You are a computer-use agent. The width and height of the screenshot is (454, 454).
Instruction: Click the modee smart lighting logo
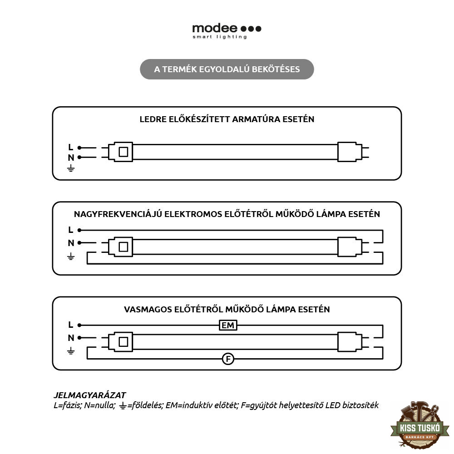(x=227, y=31)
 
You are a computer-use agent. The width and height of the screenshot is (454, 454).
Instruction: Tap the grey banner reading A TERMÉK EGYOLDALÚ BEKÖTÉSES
(x=227, y=69)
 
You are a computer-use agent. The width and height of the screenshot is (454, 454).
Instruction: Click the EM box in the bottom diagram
(x=228, y=325)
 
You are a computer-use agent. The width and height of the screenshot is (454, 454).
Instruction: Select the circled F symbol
(x=228, y=359)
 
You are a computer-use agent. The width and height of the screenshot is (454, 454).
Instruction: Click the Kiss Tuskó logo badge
(x=419, y=424)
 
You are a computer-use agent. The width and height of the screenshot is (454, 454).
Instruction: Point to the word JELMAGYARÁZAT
(x=90, y=395)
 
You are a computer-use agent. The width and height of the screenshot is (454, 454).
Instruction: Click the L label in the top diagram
(x=71, y=148)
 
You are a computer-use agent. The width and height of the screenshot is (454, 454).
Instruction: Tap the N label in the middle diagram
(x=71, y=243)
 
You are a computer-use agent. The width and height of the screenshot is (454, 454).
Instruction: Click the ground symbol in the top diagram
(x=71, y=168)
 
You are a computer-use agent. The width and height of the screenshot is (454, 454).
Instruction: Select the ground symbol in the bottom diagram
(x=71, y=351)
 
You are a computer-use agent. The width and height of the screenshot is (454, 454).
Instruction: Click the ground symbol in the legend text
(x=123, y=405)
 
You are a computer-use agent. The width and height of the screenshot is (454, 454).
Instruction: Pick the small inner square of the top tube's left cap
(x=123, y=152)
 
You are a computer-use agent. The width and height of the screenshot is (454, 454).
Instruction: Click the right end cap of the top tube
(x=350, y=152)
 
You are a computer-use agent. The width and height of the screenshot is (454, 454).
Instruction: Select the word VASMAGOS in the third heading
(x=148, y=310)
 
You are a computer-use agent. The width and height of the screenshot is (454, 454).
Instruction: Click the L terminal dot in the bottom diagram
(x=79, y=325)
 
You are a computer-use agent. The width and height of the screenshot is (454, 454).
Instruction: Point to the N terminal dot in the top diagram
(x=79, y=157)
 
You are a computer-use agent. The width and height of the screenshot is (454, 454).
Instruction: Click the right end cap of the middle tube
(x=350, y=247)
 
